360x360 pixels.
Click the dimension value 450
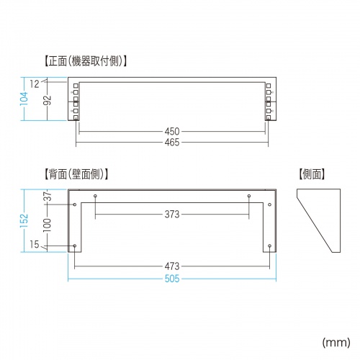click(171, 132)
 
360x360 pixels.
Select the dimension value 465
click(171, 143)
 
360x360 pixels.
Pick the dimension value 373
click(171, 214)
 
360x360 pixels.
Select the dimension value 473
click(171, 266)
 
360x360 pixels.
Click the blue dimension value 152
click(24, 219)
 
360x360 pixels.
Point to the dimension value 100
click(47, 224)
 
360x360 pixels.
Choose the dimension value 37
click(47, 196)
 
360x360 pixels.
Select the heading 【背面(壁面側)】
click(76, 174)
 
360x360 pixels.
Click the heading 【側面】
click(311, 174)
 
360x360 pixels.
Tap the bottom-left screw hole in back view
click(75, 246)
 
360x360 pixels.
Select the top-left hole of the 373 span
click(95, 196)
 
